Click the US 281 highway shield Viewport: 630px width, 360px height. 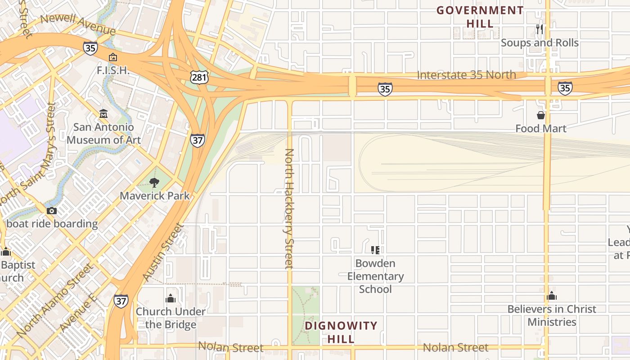(x=198, y=77)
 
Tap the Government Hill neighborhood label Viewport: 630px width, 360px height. (x=480, y=16)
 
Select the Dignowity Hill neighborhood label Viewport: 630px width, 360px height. (x=341, y=332)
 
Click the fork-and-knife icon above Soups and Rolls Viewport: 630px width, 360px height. (x=540, y=29)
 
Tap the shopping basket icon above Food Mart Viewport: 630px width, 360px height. (x=540, y=115)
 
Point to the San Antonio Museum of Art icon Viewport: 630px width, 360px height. (x=103, y=113)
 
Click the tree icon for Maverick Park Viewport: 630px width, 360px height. (x=154, y=182)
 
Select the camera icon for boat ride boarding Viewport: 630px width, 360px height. (x=52, y=211)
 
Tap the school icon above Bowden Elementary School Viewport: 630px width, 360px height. (x=375, y=250)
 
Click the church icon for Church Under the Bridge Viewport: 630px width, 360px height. (x=171, y=298)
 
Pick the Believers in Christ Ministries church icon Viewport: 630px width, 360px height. (x=552, y=296)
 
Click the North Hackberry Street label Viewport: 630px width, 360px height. (x=289, y=208)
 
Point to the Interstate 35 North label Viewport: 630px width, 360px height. (x=466, y=75)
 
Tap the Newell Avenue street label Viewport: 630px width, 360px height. (x=78, y=24)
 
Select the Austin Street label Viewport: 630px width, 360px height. (x=163, y=252)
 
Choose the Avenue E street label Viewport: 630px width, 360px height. (x=77, y=313)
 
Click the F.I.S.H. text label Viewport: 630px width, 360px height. (x=113, y=70)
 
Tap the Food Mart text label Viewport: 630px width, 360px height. (x=540, y=129)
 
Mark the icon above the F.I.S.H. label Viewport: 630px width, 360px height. (x=112, y=57)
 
